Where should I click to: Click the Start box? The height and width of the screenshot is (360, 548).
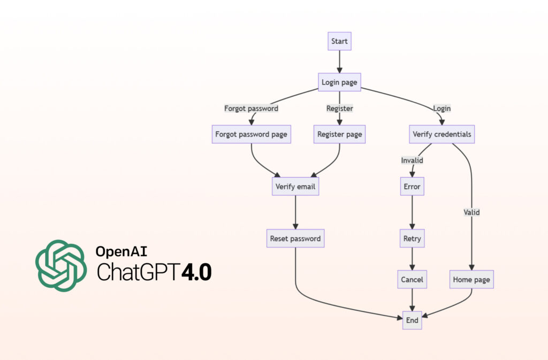click(339, 41)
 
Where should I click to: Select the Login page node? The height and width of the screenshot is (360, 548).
click(339, 82)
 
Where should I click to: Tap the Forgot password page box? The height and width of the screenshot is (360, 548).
click(251, 134)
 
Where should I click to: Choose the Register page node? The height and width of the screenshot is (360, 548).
click(339, 134)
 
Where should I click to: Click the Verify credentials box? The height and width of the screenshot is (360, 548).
click(442, 134)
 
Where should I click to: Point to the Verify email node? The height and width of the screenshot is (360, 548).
click(295, 187)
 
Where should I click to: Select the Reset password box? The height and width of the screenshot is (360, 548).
click(295, 239)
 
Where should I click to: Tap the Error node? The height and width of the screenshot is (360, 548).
click(412, 187)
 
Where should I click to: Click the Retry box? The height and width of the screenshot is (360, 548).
click(412, 239)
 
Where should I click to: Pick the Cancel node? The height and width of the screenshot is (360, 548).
click(412, 279)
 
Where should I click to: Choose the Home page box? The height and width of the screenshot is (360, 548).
click(471, 279)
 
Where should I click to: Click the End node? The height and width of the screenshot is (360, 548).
click(412, 320)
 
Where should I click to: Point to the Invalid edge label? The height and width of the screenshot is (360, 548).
click(412, 160)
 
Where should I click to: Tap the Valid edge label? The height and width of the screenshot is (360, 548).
click(471, 212)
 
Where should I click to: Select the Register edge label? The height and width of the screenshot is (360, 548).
click(339, 109)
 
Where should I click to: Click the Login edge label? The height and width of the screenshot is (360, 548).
click(442, 109)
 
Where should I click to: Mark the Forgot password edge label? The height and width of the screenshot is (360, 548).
click(251, 109)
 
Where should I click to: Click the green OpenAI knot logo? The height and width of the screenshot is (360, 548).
click(60, 265)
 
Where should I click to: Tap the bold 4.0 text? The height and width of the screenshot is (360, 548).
click(196, 272)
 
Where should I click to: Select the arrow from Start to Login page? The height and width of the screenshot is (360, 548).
click(339, 62)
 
